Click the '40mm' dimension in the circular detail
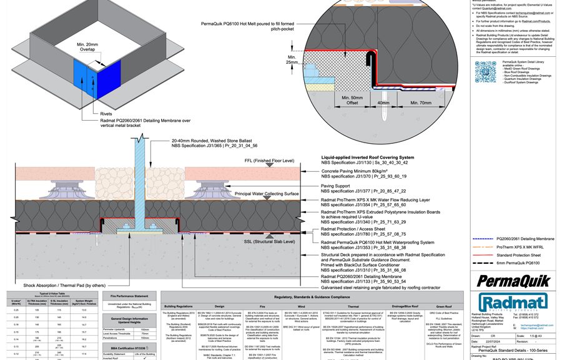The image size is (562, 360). [x=383, y=102]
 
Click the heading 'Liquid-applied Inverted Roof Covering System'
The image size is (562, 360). [x=367, y=157]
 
